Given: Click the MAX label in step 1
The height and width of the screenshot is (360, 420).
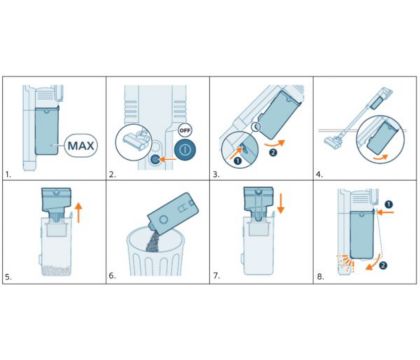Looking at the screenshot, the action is tap(81, 146).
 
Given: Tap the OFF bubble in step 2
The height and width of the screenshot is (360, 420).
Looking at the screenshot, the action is tap(184, 130).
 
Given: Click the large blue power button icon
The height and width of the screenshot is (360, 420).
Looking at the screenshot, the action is tap(185, 149).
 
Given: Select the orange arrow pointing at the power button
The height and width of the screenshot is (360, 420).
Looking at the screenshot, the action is tap(168, 159).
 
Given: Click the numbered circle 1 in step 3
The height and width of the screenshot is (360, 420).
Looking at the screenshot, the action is tap(238, 160).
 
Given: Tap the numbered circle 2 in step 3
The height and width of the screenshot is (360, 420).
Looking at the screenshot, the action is tap(273, 153).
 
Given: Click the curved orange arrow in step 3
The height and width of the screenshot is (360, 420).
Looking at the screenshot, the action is tap(274, 144).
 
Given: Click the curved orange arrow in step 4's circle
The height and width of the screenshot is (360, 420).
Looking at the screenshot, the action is tap(380, 157).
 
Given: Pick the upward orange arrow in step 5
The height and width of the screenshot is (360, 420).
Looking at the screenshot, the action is tap(78, 213).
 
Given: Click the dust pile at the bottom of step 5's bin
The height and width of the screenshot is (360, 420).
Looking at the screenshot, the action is tap(56, 270).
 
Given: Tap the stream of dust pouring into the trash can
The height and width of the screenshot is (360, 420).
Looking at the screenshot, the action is tap(152, 239).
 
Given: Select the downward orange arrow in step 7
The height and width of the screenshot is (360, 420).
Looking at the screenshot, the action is tap(281, 203).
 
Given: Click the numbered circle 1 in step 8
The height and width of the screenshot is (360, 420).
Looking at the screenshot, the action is tap(388, 204).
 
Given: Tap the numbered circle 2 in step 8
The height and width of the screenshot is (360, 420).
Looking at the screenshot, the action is tap(383, 265).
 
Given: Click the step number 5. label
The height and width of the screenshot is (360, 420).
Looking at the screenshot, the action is tap(8, 277).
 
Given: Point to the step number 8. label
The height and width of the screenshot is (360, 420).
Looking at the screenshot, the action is tap(320, 277).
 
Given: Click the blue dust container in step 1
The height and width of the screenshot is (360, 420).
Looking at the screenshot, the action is tap(47, 130).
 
